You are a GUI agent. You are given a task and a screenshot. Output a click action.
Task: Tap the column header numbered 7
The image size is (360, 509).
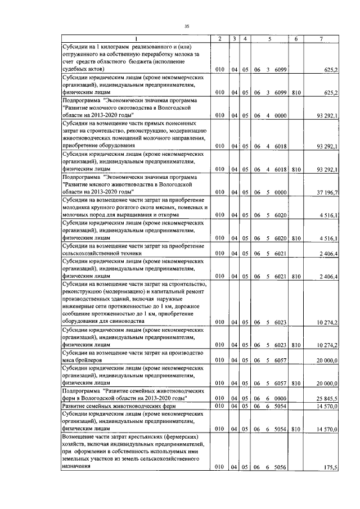(321, 38)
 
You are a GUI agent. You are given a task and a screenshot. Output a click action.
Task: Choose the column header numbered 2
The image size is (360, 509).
(219, 38)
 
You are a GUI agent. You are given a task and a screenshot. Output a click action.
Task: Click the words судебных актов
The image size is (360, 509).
(82, 69)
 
